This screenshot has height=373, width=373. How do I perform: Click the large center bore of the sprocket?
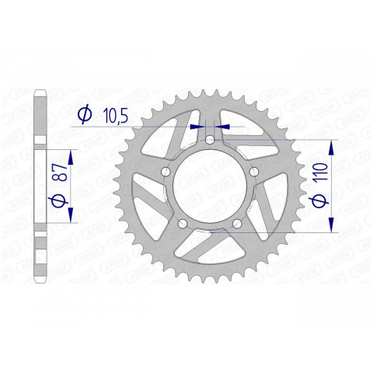[211, 186]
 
